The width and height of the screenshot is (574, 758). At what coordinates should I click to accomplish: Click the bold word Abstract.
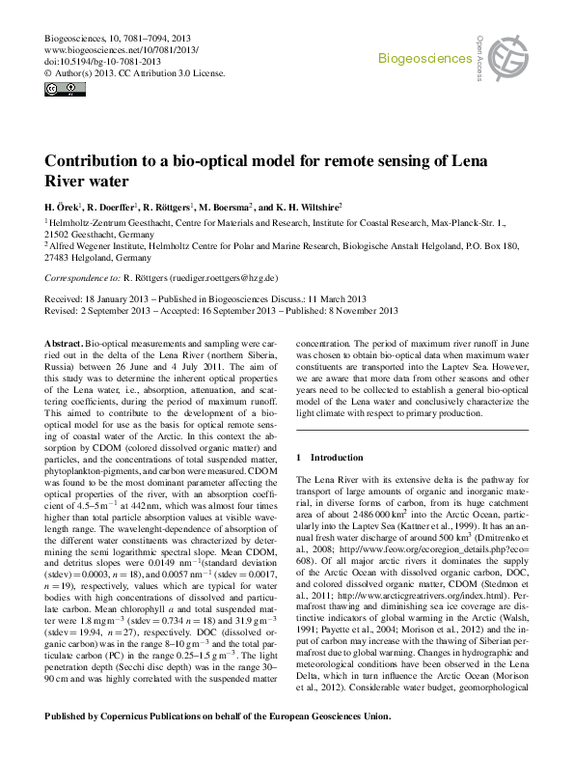[64, 344]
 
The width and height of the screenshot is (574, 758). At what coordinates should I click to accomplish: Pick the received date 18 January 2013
[115, 299]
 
